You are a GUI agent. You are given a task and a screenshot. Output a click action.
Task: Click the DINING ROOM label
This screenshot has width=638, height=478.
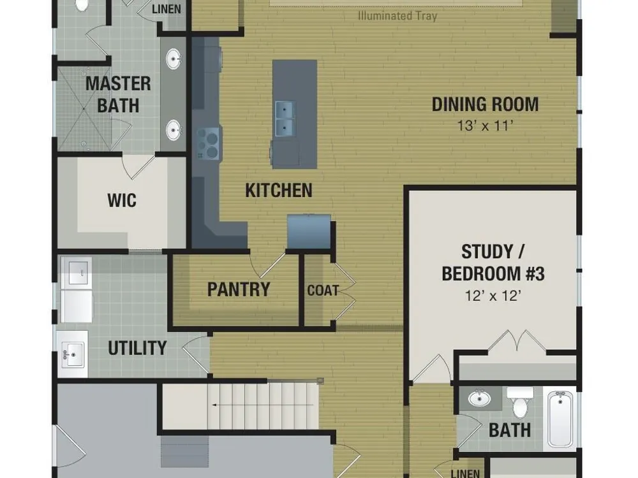pos(485,105)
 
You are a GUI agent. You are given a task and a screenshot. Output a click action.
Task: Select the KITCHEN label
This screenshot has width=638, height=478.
pos(279,190)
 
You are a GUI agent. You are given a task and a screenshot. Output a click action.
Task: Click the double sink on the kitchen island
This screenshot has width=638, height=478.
pos(285,119)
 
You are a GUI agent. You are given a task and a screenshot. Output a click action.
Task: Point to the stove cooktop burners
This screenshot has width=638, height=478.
pos(209,143)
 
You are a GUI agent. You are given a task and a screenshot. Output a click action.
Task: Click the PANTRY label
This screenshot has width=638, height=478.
pos(239,289)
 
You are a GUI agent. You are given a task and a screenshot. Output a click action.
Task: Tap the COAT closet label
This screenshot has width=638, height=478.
pos(323,290)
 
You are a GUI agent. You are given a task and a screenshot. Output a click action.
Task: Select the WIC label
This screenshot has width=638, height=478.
pos(122,200)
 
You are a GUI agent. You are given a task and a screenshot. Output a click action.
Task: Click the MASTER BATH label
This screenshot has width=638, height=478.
pos(118,94)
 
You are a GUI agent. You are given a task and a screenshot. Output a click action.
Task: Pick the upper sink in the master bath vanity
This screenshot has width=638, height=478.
pos(174,59)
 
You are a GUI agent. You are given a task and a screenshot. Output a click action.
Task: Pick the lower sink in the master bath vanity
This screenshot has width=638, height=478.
pos(174,130)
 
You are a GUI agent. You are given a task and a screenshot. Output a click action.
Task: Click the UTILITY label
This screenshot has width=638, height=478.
pos(137,348)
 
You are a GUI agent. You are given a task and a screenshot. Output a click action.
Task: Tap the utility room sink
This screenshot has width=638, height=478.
pos(73,354)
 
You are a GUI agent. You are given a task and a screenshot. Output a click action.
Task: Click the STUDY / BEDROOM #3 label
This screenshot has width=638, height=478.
pos(493,263)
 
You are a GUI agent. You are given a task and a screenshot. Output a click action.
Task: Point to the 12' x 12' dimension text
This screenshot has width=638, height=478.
pos(493,296)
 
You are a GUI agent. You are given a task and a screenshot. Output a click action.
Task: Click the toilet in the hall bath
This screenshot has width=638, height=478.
pos(520,402)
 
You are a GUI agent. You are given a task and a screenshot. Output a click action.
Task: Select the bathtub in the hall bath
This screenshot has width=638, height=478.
pos(560,419)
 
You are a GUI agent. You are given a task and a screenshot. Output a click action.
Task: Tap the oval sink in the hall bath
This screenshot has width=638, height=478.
pos(479,398)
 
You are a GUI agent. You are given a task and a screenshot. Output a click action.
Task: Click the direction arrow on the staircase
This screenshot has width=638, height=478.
pos(263,405)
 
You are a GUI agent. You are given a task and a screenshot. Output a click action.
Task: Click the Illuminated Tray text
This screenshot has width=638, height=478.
pos(397,16)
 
